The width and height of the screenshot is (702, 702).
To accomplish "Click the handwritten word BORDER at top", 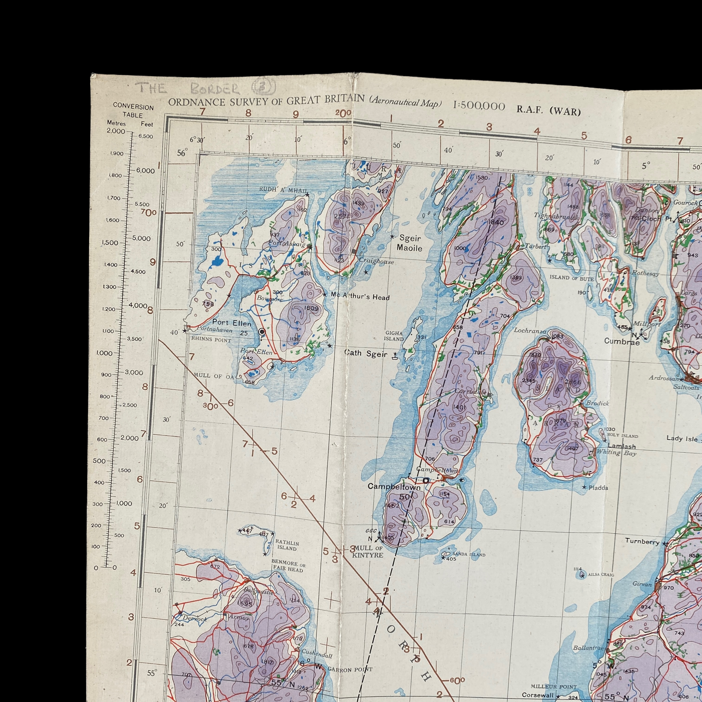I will coord(215,89).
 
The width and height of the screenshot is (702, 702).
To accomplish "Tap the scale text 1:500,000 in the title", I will coord(479,106).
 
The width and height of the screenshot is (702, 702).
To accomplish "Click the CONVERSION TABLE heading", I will coord(133,111).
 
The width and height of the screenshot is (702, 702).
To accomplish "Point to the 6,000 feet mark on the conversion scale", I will coord(145,171).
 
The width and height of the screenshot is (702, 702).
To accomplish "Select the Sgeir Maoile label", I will coord(409,243).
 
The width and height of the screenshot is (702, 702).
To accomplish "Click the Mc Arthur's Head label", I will coord(360,297).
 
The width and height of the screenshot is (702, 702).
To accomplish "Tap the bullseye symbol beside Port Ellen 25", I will coord(261,332).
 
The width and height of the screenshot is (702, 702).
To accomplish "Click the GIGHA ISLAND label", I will coord(394,336).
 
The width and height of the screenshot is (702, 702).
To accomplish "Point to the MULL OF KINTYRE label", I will coord(368,552).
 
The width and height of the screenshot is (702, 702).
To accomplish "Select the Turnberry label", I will coord(642,541).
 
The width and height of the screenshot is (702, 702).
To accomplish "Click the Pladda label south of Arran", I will coord(598,488).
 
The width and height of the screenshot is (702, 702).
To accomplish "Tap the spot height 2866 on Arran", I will coord(573,382).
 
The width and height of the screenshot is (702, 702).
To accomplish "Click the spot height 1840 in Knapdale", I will coord(496,222).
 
